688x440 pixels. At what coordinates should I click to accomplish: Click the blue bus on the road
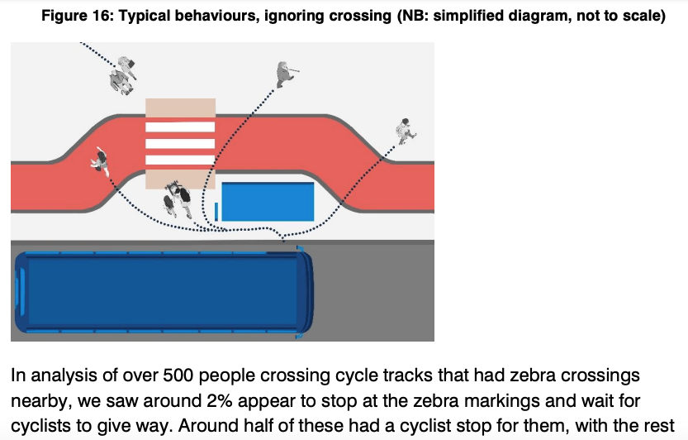coord(161,291)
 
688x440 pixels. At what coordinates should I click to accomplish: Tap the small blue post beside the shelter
coord(216,211)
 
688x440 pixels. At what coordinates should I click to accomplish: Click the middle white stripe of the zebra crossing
coord(180,141)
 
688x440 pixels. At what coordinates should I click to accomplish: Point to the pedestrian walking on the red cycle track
coord(101,159)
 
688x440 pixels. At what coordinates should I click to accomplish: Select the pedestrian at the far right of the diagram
coord(405,129)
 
